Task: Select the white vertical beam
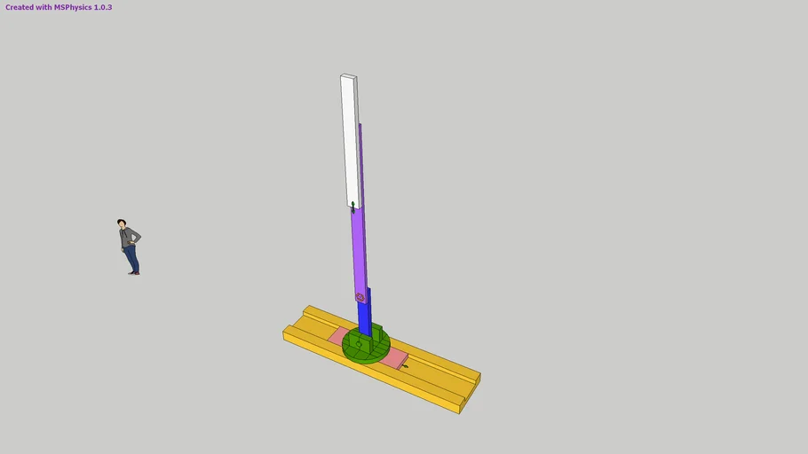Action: point(351,142)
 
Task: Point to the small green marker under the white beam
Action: point(353,207)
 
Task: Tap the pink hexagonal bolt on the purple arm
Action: point(360,297)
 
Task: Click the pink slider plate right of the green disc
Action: point(394,357)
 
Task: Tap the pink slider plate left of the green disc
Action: point(338,336)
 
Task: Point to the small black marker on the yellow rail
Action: point(405,365)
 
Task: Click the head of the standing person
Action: point(122,223)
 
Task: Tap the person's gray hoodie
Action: point(129,237)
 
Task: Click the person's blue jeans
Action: point(131,258)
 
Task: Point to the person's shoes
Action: point(133,272)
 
